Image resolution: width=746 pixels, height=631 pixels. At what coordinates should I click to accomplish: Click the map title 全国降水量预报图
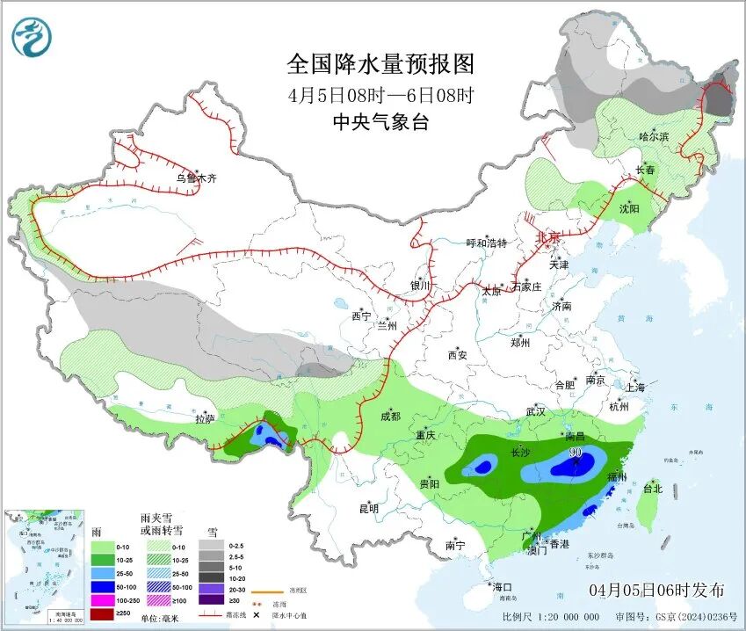click(380, 64)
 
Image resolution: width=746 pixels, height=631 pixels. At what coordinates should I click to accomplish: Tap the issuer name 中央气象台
click(380, 122)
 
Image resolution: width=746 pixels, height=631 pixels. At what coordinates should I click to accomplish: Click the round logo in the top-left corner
click(33, 37)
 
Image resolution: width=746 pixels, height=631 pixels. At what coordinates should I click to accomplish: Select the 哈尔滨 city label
click(654, 137)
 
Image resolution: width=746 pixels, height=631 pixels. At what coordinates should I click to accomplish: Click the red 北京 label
click(548, 237)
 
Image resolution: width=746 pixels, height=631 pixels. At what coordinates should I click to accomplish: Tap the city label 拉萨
click(204, 419)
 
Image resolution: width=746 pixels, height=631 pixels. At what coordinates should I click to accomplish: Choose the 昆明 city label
click(368, 508)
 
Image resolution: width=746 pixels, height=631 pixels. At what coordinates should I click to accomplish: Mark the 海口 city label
click(502, 586)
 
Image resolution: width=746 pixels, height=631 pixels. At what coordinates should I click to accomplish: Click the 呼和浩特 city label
click(486, 243)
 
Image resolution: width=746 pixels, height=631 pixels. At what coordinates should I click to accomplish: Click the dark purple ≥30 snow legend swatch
click(210, 613)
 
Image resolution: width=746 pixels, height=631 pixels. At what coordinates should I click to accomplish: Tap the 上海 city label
click(635, 388)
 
